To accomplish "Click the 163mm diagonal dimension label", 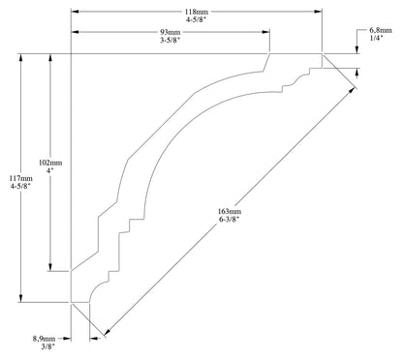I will point(230,211).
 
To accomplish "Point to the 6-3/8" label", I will point(230,221).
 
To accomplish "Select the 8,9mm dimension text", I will point(45,339).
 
